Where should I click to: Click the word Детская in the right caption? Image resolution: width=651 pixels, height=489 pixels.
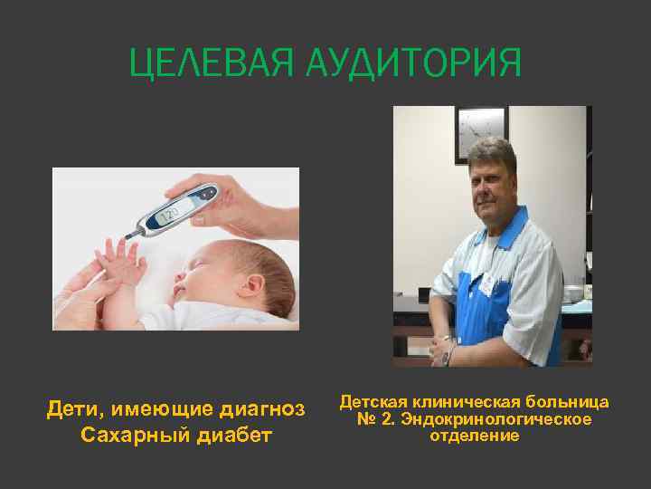tap(375, 401)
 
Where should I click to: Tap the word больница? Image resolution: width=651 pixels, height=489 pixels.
tap(570, 401)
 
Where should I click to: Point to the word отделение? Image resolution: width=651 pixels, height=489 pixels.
tap(475, 436)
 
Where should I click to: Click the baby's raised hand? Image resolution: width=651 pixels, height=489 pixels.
tap(119, 257)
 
